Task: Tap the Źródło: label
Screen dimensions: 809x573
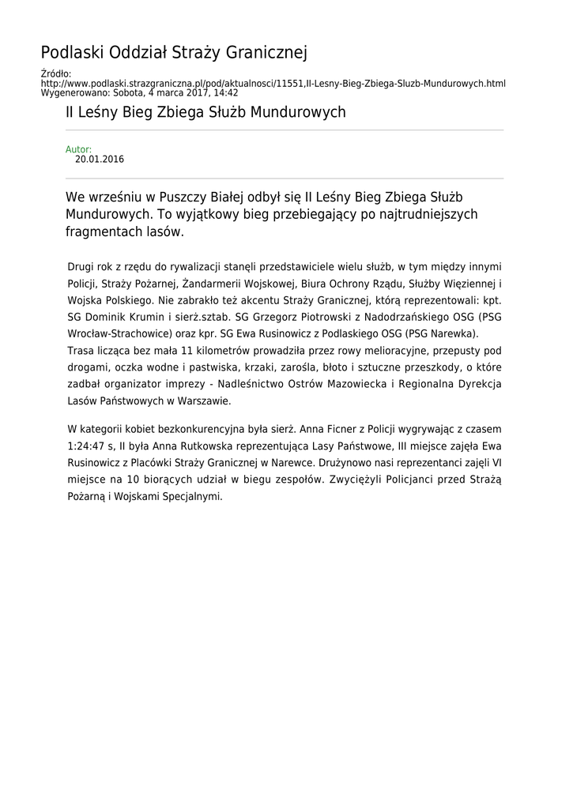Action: click(x=55, y=74)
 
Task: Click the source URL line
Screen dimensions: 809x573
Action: click(x=273, y=83)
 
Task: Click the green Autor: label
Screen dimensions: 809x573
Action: click(x=78, y=149)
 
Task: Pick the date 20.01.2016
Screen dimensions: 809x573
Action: click(x=100, y=159)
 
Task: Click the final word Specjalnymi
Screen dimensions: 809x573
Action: click(x=192, y=497)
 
